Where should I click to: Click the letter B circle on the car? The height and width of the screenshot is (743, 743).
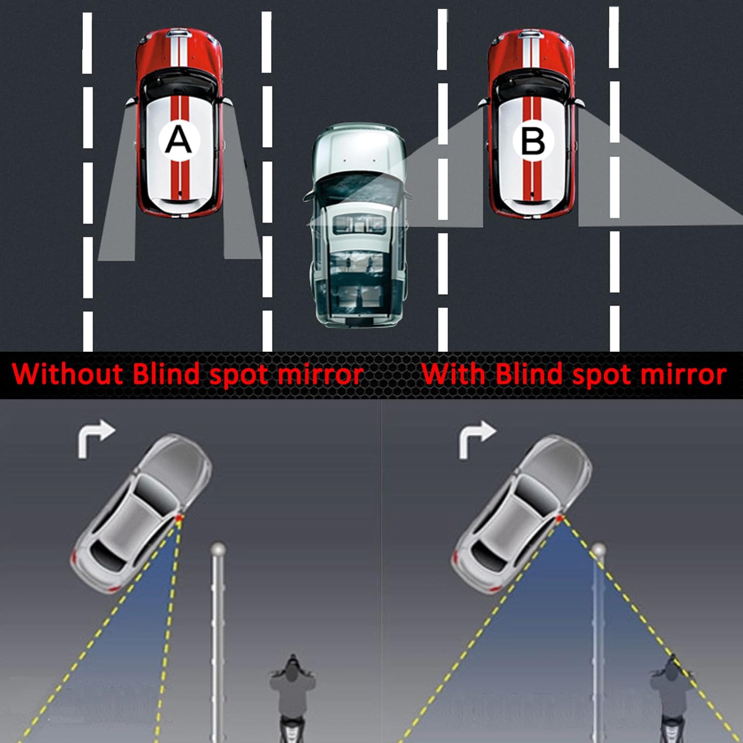[x=533, y=140]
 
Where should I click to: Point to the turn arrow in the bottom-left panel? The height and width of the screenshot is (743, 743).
[x=95, y=438]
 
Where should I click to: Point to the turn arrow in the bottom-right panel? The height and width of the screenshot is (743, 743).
[x=476, y=438]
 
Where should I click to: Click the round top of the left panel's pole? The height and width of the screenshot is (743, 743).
[x=218, y=548]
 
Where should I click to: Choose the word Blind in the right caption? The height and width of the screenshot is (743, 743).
[x=529, y=374]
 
